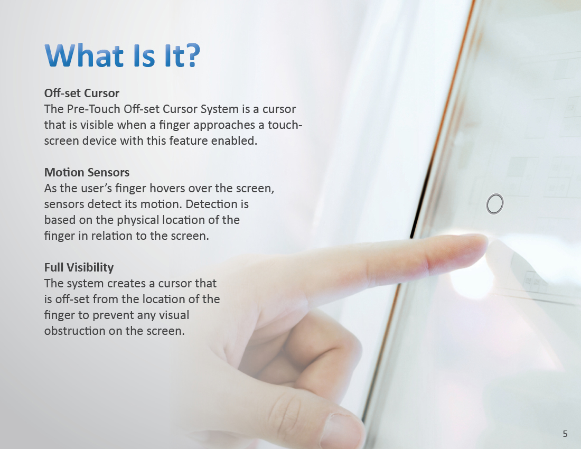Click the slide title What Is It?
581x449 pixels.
(x=123, y=55)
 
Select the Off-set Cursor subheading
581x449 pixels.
(x=81, y=93)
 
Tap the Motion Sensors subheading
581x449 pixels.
(x=87, y=172)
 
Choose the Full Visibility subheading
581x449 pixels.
(x=79, y=267)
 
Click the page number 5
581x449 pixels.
(x=565, y=434)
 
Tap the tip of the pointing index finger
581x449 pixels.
(x=485, y=242)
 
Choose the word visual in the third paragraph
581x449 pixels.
(x=174, y=315)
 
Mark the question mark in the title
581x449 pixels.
(x=193, y=55)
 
